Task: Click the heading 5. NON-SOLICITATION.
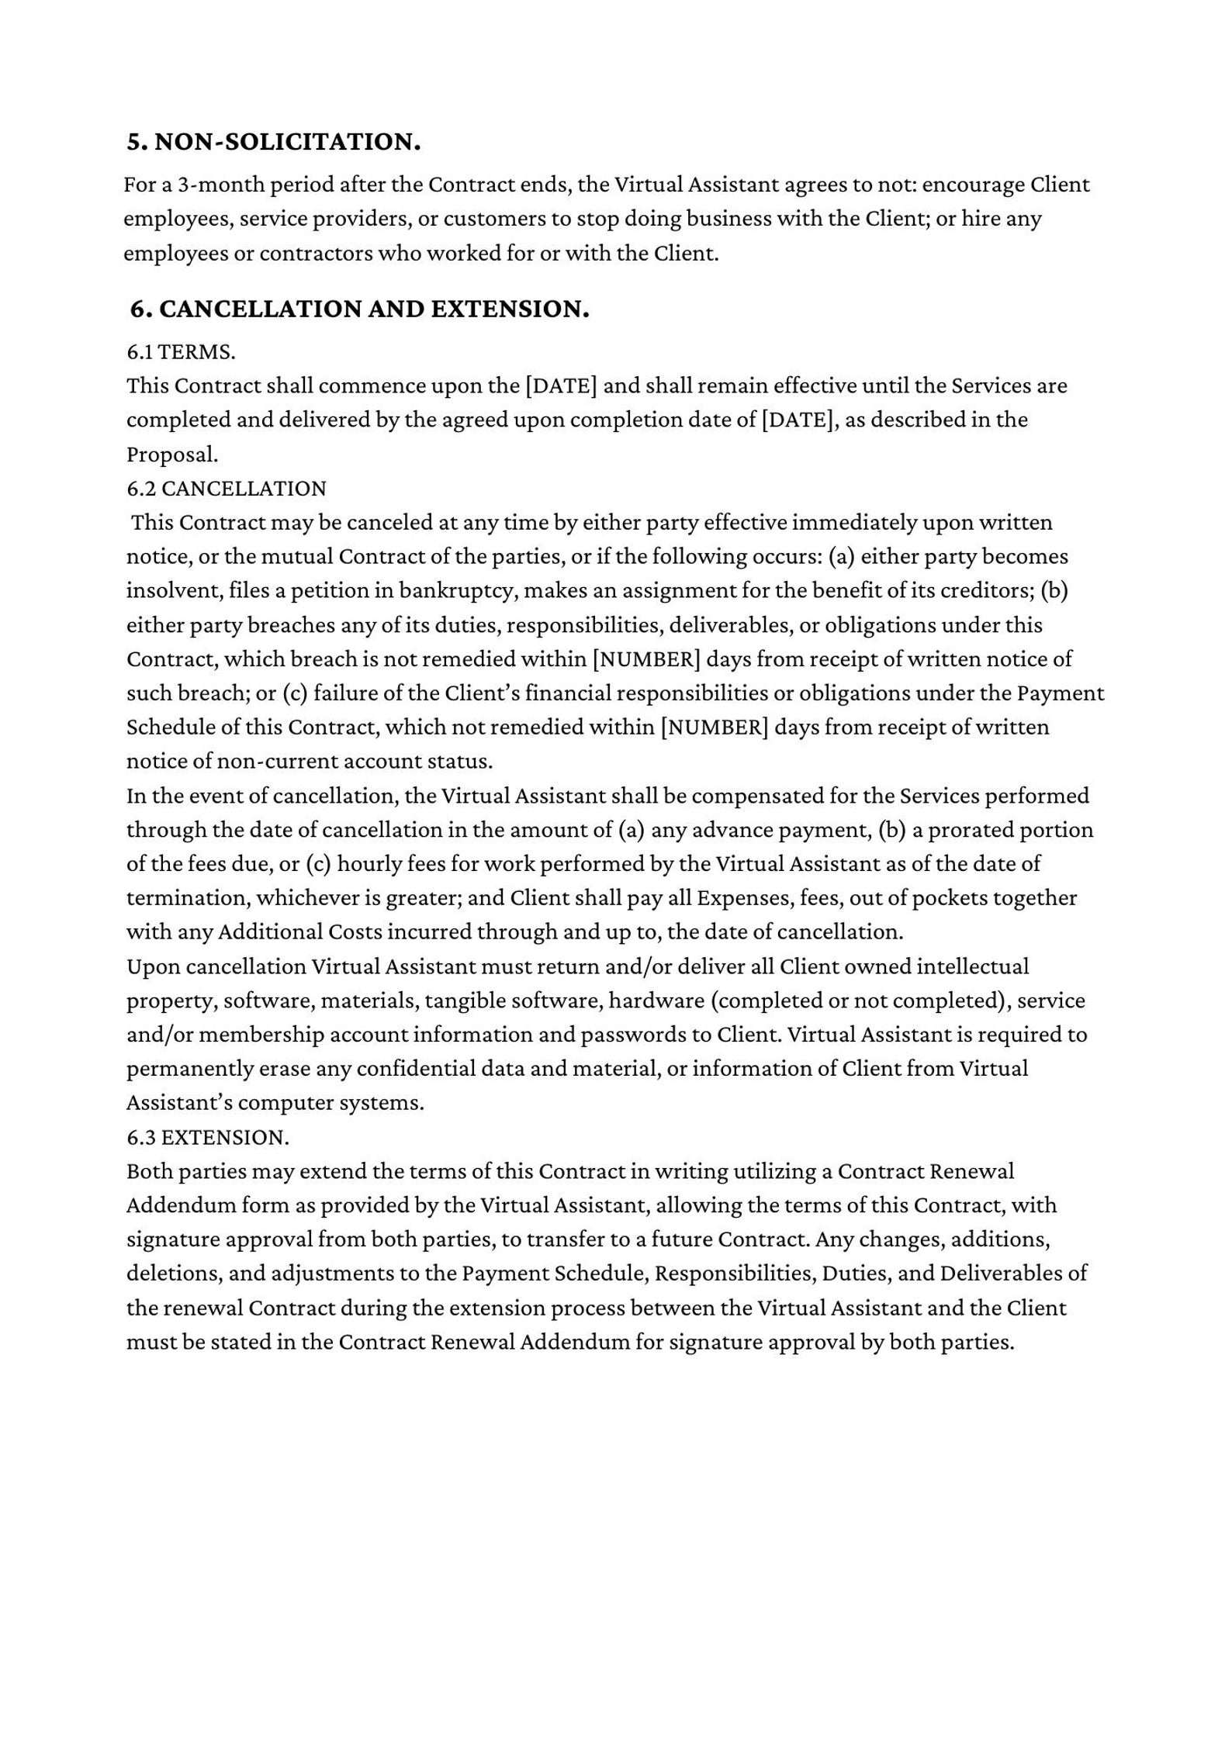(274, 142)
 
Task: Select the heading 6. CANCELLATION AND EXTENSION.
(359, 309)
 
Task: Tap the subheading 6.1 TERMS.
(181, 352)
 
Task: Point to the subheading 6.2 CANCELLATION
(227, 489)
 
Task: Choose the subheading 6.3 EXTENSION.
(207, 1137)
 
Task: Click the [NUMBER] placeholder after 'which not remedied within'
(715, 727)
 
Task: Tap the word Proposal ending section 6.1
(171, 455)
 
